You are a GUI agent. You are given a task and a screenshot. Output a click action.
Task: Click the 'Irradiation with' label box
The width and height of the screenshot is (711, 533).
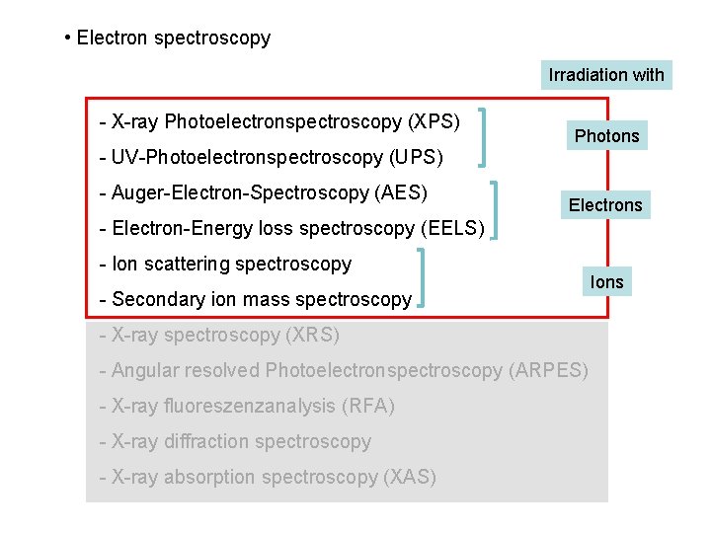pyautogui.click(x=606, y=74)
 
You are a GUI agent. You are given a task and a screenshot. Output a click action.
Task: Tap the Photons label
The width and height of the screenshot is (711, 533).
pyautogui.click(x=607, y=135)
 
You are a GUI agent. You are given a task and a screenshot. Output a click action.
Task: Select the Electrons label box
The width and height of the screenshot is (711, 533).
pyautogui.click(x=605, y=204)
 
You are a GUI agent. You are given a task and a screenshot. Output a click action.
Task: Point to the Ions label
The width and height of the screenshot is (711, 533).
pyautogui.click(x=606, y=282)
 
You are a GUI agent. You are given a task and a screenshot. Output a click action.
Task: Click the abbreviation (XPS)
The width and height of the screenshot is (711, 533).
pyautogui.click(x=434, y=121)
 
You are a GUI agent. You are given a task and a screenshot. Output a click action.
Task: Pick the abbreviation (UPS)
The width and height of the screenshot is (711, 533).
pyautogui.click(x=417, y=157)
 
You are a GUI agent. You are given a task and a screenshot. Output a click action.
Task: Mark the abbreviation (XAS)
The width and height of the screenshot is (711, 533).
pyautogui.click(x=409, y=477)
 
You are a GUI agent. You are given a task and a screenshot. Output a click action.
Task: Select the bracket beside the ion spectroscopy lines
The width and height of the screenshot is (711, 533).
pyautogui.click(x=423, y=278)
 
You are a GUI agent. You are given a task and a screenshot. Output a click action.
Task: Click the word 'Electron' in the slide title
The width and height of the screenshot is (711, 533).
pyautogui.click(x=110, y=38)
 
